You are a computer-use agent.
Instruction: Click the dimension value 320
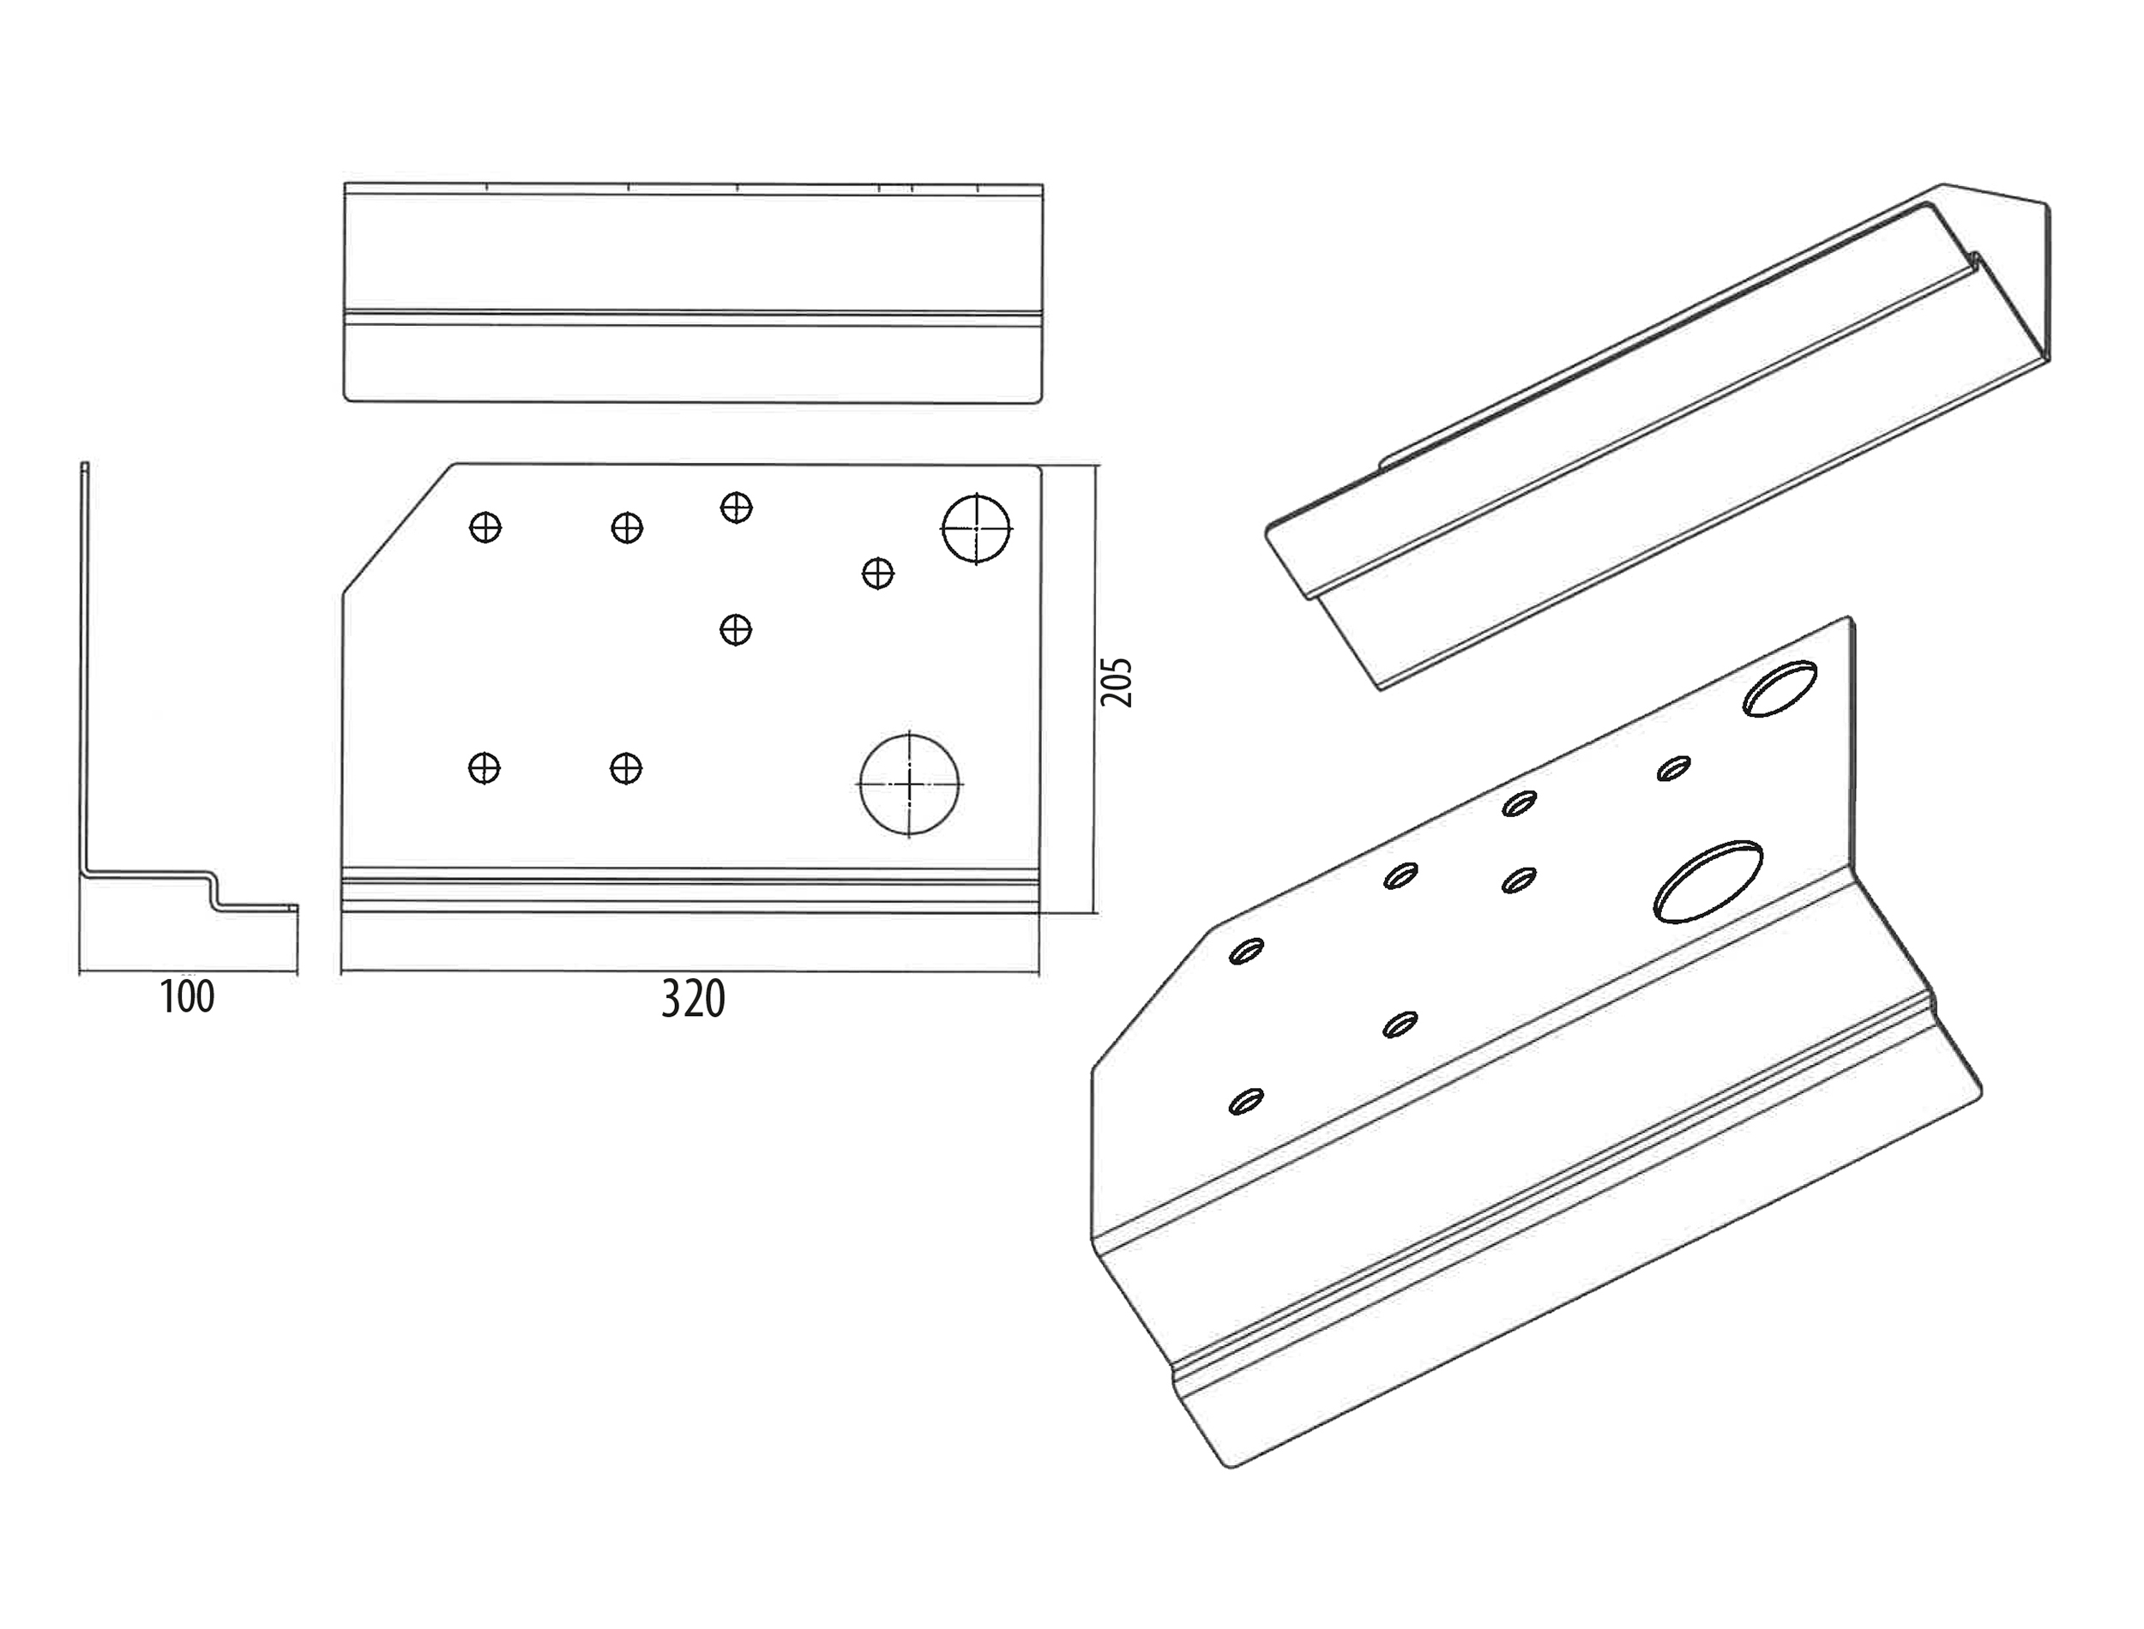693,1000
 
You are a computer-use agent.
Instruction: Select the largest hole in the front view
908,784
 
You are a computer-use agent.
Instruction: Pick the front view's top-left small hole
485,528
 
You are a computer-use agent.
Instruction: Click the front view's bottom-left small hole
484,768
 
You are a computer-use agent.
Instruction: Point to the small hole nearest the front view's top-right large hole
877,573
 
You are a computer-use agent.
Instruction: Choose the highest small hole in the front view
736,507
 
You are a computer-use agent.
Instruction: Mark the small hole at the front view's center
736,630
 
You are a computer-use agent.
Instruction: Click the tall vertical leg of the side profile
84,669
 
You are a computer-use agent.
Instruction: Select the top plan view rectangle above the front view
693,292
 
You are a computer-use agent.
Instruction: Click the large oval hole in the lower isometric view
1707,881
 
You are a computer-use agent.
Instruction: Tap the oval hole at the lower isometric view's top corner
1780,688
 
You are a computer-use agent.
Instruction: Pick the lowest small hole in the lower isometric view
1246,1102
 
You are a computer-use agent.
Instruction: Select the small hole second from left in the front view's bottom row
625,768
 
